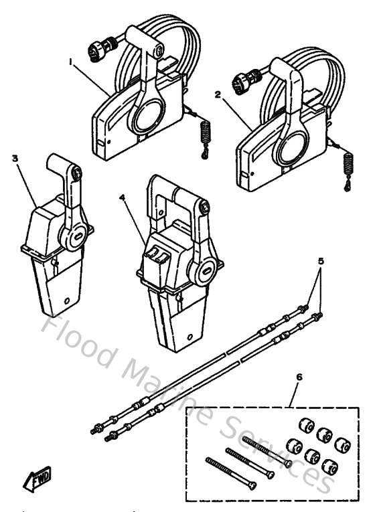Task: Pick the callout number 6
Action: [299, 377]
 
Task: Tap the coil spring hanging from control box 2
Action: [348, 164]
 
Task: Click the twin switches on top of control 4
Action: [159, 255]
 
